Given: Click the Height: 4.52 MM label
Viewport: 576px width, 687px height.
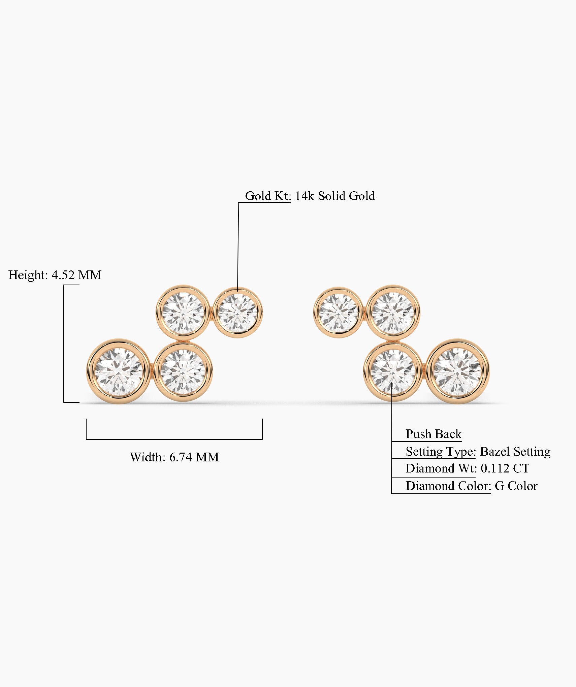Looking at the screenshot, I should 55,275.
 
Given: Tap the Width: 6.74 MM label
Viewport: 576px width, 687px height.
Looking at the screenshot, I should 174,457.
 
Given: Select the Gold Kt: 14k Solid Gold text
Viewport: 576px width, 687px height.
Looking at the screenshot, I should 310,196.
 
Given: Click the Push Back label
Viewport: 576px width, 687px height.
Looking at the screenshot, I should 433,434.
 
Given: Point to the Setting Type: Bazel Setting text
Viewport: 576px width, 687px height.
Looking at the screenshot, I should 478,451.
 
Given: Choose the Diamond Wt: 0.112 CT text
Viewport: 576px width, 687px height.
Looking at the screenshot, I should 467,468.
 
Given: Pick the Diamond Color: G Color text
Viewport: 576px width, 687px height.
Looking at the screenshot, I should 471,486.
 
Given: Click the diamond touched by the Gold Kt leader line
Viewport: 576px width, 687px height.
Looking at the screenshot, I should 238,313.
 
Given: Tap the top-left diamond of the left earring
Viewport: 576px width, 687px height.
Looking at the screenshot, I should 183,313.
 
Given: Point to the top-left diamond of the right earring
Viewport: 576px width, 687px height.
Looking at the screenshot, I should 338,313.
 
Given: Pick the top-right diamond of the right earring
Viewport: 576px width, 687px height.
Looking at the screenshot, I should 393,313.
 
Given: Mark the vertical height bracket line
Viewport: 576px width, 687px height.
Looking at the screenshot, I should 64,343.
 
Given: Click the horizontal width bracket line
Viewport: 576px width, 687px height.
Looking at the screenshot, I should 174,439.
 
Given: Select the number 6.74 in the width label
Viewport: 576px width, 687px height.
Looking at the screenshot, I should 181,457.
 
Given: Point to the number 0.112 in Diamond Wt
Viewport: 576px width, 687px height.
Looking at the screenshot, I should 494,468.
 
